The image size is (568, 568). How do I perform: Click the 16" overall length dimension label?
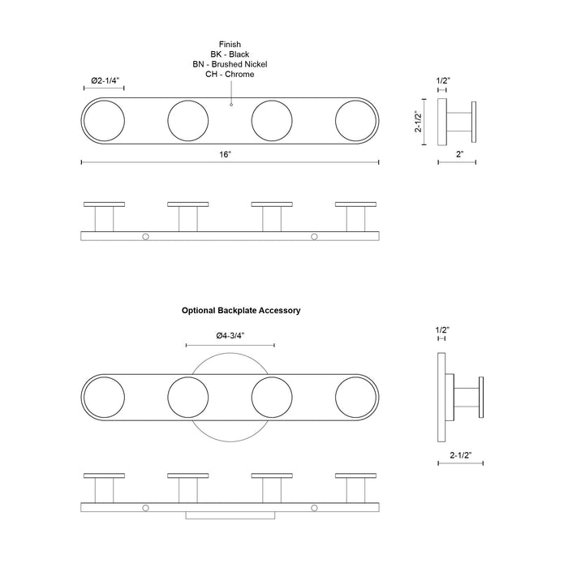click(225, 155)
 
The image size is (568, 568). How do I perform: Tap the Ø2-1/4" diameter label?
click(105, 80)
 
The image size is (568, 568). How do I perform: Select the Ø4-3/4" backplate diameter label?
click(230, 336)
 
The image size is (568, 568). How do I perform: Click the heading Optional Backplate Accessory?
click(241, 311)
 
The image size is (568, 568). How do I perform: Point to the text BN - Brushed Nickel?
click(230, 64)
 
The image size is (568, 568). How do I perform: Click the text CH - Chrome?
click(230, 75)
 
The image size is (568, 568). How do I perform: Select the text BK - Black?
click(230, 54)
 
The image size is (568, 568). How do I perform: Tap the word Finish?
click(230, 44)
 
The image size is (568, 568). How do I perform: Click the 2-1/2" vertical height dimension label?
click(419, 122)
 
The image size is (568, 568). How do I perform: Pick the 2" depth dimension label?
click(460, 154)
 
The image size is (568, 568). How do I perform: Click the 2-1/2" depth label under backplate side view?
click(461, 455)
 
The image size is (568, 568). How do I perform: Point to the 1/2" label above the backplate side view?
click(442, 330)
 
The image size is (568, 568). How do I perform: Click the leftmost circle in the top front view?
click(105, 121)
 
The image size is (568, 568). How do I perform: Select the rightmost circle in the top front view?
click(355, 121)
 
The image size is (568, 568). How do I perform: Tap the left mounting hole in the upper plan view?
click(145, 237)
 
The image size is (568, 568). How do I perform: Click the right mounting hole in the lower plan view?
click(315, 508)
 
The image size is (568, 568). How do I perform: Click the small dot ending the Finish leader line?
click(231, 105)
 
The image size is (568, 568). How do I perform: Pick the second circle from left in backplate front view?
click(188, 397)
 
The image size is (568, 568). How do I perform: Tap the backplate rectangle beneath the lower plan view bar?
click(230, 515)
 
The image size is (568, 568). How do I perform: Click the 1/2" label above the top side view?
click(443, 80)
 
